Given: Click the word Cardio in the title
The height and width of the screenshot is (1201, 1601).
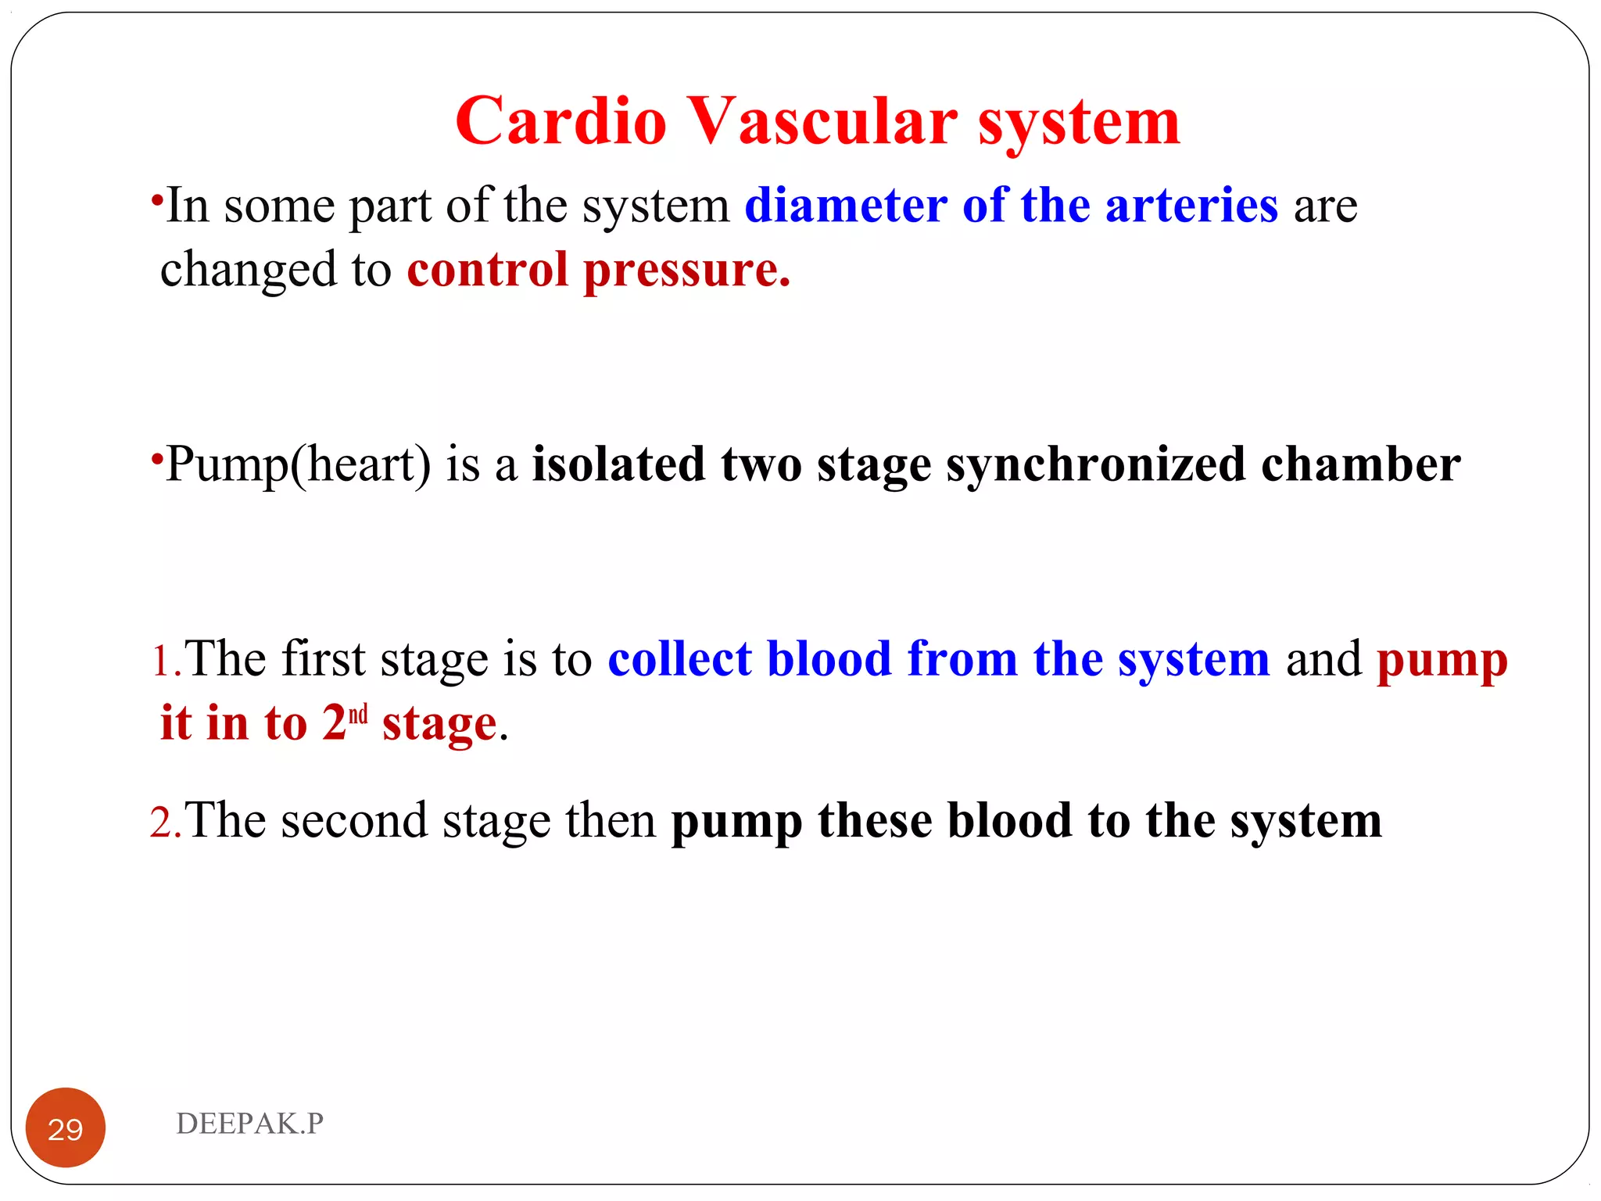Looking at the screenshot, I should (x=561, y=121).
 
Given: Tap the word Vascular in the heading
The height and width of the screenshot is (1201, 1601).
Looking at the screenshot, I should (x=822, y=121).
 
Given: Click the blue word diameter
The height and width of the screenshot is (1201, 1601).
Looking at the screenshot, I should (x=846, y=206).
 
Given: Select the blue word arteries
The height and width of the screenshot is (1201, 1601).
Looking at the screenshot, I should (x=1191, y=206).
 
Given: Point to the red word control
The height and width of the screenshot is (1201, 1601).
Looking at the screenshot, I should (x=487, y=271).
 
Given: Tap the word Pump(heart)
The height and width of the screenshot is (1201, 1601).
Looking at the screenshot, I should (x=298, y=465).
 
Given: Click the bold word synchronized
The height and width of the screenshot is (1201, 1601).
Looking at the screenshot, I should (x=1095, y=465).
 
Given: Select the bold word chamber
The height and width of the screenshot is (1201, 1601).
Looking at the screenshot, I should (x=1360, y=464).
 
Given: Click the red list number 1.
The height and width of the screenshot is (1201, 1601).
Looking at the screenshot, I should (x=162, y=661).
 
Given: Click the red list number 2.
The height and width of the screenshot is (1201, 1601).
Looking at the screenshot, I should (x=162, y=823).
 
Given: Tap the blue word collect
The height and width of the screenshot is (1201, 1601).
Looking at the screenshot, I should (x=679, y=659).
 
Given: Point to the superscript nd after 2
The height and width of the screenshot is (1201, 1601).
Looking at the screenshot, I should (x=358, y=715).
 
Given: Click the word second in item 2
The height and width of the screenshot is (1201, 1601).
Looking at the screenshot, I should (x=354, y=823).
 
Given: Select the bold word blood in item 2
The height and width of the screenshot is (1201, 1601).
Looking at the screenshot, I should (x=1009, y=821).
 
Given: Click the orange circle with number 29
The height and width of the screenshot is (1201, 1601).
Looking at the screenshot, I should (x=66, y=1128).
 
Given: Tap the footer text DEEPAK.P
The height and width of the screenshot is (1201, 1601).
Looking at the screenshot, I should (x=249, y=1124).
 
